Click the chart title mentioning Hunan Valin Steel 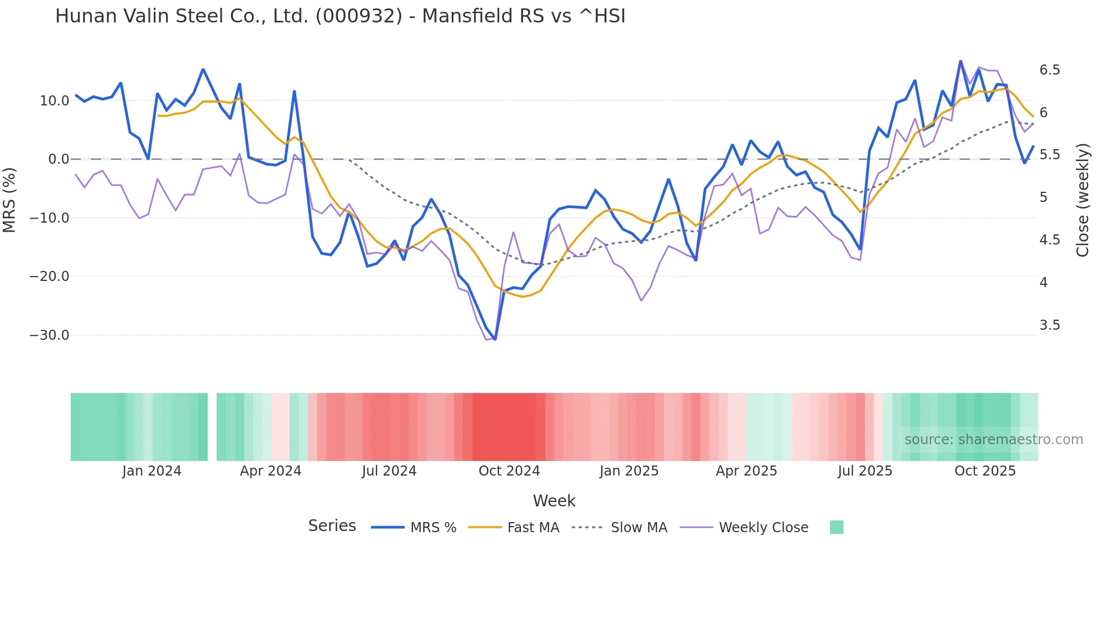[x=340, y=16]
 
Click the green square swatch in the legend [x=836, y=527]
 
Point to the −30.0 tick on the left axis [x=49, y=335]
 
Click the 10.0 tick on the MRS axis [x=54, y=101]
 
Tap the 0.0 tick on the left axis [x=58, y=159]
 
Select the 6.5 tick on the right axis [x=1049, y=70]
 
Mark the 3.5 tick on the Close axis [x=1049, y=325]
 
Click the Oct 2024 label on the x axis [x=509, y=471]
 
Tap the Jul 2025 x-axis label [x=865, y=471]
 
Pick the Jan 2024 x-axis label [x=152, y=471]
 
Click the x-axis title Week [x=554, y=501]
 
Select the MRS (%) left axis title [x=10, y=200]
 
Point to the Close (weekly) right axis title [x=1083, y=200]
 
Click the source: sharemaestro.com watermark [x=993, y=440]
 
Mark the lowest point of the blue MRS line [x=495, y=339]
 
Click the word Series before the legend [x=332, y=526]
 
